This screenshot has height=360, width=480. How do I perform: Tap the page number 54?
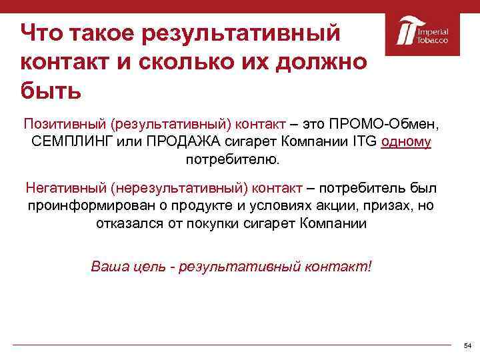coord(467,345)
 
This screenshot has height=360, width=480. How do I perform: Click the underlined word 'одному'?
coord(407,142)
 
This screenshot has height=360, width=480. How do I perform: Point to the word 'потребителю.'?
coord(234,160)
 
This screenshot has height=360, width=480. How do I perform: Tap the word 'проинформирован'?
coord(90,205)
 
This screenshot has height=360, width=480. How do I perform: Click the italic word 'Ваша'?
coord(108,267)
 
